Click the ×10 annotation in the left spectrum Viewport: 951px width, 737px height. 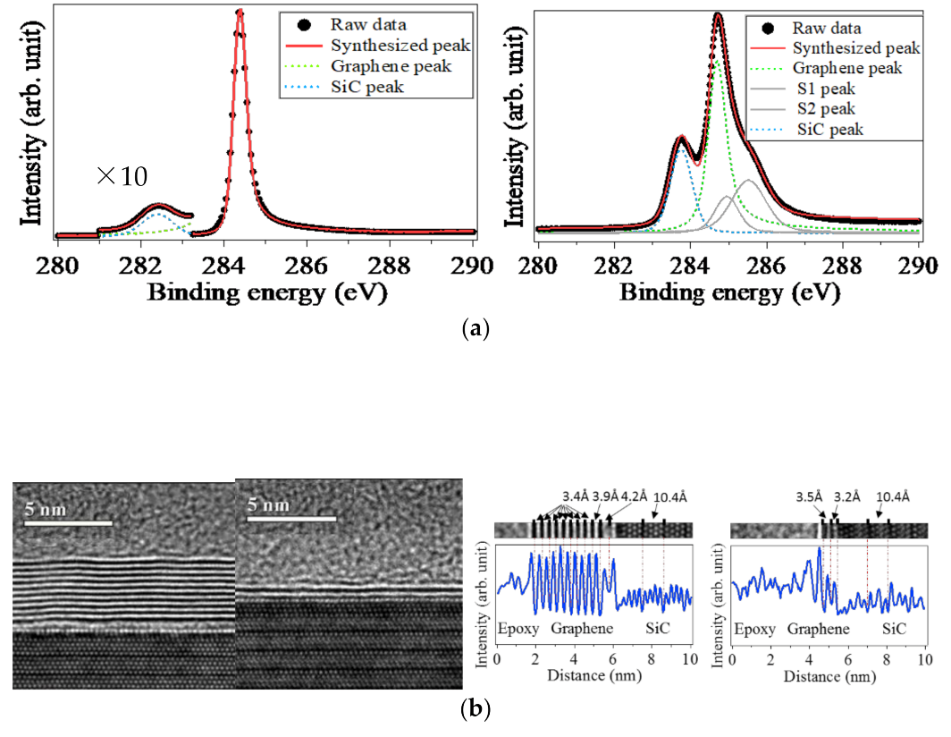coord(122,176)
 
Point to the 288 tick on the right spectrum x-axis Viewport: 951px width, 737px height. coord(844,266)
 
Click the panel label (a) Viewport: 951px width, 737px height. coord(475,329)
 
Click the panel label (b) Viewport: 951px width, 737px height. coord(475,710)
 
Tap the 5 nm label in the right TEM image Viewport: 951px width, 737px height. coord(269,505)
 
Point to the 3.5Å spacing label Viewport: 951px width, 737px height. coord(810,496)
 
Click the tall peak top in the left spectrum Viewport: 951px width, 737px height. coord(240,13)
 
